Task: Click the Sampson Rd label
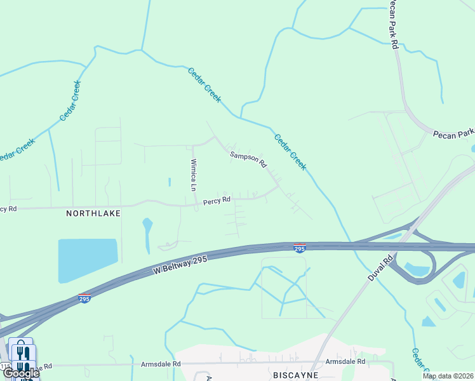(x=248, y=159)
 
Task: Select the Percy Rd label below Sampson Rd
(x=216, y=202)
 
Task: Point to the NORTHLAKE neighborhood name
(x=93, y=214)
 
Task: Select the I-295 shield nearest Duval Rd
(x=300, y=248)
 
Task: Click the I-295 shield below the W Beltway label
(x=84, y=297)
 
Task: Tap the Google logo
(x=20, y=373)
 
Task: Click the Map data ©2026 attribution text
(x=448, y=376)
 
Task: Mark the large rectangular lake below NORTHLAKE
(x=88, y=260)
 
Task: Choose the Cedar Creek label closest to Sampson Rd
(x=290, y=152)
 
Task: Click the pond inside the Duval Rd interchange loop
(x=417, y=269)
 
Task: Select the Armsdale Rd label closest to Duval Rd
(x=345, y=361)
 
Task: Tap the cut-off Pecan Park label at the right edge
(x=453, y=133)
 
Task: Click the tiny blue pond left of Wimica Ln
(x=170, y=182)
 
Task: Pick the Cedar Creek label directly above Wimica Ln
(x=204, y=84)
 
